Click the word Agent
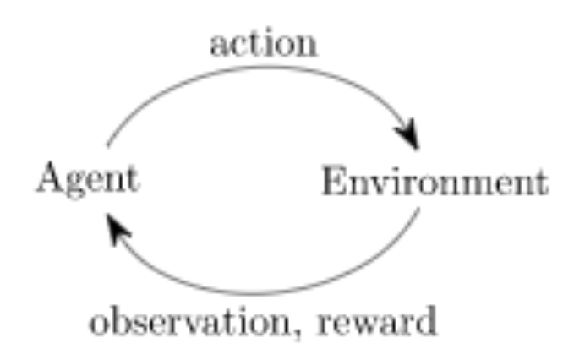[x=87, y=180]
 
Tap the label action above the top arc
[x=264, y=44]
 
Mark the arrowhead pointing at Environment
[x=409, y=138]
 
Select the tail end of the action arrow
[x=108, y=145]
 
